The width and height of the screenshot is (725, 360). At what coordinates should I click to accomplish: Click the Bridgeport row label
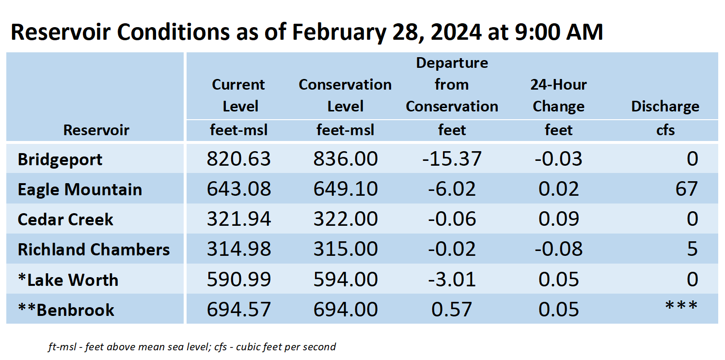coord(60,159)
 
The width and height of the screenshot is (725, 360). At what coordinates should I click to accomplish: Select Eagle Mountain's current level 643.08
coord(239,189)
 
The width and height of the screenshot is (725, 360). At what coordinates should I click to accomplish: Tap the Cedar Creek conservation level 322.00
coord(346,219)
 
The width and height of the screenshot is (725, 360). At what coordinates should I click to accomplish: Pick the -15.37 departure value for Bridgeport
coord(452,159)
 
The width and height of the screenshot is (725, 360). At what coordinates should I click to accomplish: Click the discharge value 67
coord(687,189)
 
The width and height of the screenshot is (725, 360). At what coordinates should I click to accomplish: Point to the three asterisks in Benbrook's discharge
coord(681,306)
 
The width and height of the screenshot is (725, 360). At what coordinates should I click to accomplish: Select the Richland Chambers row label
coord(94,250)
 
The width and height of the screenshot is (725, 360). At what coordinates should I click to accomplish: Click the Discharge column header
coord(665,107)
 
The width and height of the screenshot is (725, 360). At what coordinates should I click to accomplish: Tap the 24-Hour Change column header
coord(559,95)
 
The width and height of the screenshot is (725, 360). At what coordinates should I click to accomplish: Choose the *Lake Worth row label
coord(68,280)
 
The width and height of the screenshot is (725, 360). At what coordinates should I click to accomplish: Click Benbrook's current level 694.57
coord(239,309)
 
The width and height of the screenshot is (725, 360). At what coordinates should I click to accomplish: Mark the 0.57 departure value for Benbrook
coord(452,309)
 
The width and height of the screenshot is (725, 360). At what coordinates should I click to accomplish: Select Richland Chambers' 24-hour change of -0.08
coord(559,249)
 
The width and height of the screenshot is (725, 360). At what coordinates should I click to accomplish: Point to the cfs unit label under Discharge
coord(665,130)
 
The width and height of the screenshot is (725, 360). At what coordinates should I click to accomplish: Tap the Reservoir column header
coord(96,130)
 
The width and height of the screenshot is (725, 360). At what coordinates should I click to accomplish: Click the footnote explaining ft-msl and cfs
coord(192,347)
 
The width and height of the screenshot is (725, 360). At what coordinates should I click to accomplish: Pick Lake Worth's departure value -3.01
coord(452,279)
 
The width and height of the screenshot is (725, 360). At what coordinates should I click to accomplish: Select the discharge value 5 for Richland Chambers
coord(693,249)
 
